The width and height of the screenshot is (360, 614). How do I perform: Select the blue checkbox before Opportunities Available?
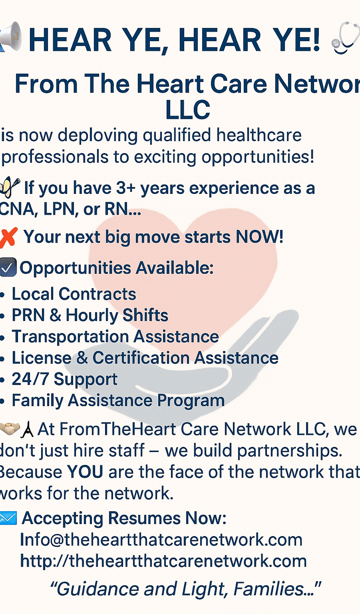pos(8,267)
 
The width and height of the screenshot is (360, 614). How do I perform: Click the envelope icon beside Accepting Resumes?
pos(8,518)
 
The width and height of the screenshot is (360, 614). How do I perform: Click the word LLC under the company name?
pos(188,110)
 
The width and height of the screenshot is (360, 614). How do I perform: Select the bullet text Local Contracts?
pos(74,294)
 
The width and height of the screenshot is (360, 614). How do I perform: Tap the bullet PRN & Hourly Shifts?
pos(90,315)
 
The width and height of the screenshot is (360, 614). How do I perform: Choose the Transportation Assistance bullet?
pos(115,336)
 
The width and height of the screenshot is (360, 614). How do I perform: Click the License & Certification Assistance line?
pos(145,358)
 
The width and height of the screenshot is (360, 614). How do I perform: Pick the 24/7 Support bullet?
pos(65,379)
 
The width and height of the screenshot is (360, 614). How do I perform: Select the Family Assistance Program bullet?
pos(118,401)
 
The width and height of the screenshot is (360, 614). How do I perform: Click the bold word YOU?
pos(85,472)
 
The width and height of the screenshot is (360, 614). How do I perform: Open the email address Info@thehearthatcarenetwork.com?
pos(161,540)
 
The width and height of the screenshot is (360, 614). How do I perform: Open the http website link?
pos(163,561)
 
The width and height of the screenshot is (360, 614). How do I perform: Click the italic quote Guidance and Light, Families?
pos(186,589)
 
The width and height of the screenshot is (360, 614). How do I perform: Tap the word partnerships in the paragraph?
pos(289,451)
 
